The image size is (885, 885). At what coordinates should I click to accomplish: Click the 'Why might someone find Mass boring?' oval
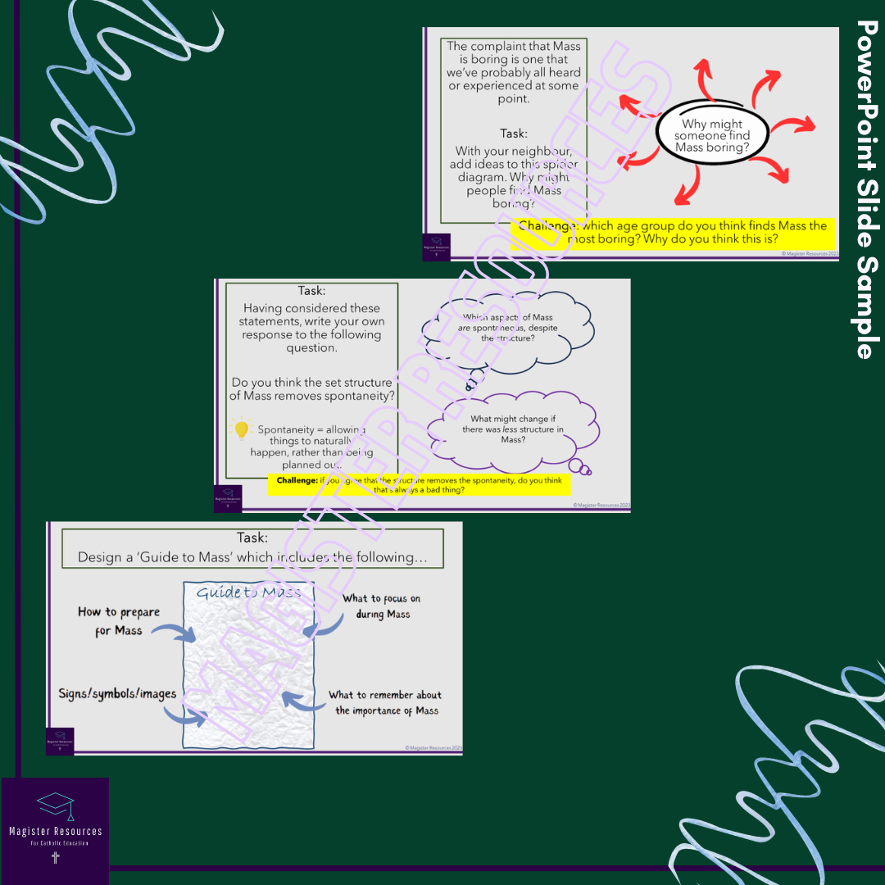tap(711, 135)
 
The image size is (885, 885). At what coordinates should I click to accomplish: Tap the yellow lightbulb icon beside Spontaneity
tap(241, 429)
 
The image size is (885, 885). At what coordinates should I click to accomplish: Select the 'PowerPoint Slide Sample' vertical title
tap(865, 189)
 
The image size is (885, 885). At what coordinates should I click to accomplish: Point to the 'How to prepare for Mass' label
tap(118, 621)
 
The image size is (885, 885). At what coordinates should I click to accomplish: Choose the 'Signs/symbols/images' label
tap(117, 693)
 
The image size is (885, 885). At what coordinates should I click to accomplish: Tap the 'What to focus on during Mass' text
tap(381, 606)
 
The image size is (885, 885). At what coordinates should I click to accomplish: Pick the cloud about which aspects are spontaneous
tap(514, 327)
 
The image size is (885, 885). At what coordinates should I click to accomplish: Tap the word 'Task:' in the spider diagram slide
tap(514, 134)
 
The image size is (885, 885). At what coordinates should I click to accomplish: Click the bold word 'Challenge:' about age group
tap(548, 225)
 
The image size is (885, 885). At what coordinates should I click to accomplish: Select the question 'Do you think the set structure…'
tap(311, 389)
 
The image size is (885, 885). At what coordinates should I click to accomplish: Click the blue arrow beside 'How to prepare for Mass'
tap(175, 632)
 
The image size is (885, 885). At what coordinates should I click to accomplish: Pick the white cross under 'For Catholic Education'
tap(55, 858)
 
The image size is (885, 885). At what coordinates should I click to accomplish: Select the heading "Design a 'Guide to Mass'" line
tap(252, 557)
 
